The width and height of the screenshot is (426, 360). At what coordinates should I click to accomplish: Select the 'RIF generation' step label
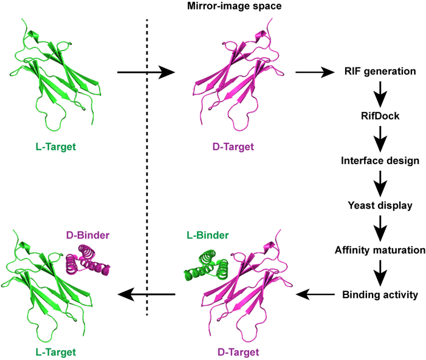pyautogui.click(x=379, y=72)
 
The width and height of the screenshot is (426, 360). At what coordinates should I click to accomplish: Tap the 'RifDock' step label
pyautogui.click(x=379, y=116)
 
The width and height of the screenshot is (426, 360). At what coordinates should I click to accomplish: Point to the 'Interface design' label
pyautogui.click(x=379, y=160)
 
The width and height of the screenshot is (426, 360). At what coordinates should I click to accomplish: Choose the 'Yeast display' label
pyautogui.click(x=379, y=205)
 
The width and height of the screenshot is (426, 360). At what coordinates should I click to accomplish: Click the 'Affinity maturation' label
pyautogui.click(x=379, y=249)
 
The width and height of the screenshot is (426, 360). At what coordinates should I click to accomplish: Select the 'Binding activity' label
pyautogui.click(x=379, y=295)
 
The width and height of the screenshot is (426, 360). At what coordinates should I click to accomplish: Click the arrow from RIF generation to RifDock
pyautogui.click(x=379, y=93)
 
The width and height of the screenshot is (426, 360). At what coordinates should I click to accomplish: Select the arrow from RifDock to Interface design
pyautogui.click(x=379, y=137)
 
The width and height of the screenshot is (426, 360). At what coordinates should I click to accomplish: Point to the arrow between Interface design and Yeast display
pyautogui.click(x=379, y=182)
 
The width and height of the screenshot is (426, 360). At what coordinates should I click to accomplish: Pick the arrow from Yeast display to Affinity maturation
pyautogui.click(x=379, y=227)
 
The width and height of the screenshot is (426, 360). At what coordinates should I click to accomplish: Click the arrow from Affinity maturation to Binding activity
pyautogui.click(x=379, y=272)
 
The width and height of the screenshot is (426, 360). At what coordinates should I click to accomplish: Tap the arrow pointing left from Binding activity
pyautogui.click(x=315, y=295)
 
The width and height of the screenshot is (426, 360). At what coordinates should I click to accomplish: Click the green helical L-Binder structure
pyautogui.click(x=205, y=265)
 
